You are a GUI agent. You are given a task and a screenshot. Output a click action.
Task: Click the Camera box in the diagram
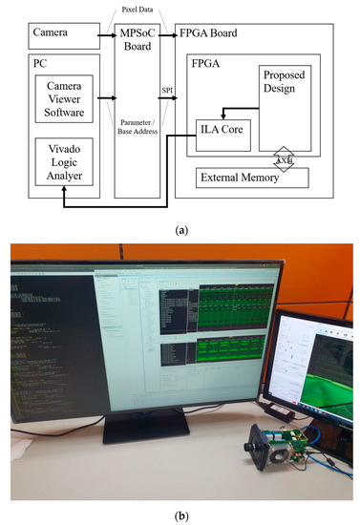58,39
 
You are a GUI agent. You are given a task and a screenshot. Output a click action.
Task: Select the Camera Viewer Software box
58,98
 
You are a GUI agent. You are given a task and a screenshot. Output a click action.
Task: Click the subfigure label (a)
180,227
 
